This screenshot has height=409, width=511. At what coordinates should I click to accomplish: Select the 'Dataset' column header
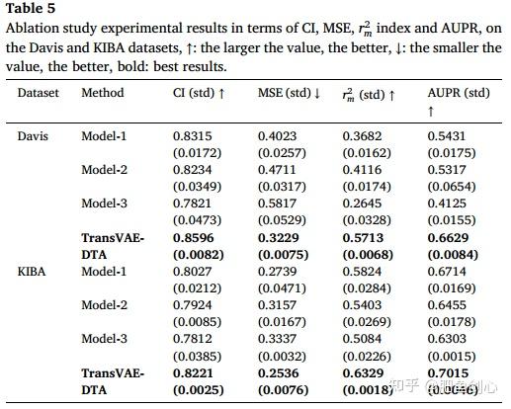[x=39, y=93]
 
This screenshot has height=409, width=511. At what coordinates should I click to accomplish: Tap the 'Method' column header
[x=103, y=93]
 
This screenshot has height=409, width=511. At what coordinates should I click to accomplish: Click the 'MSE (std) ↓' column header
[x=289, y=93]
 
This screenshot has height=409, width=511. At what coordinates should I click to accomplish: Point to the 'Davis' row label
[x=34, y=135]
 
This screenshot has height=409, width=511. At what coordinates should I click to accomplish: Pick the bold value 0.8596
[x=193, y=237]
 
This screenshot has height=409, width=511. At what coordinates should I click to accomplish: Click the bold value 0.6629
[x=448, y=237]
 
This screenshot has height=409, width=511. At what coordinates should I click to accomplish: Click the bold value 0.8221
[x=193, y=372]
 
